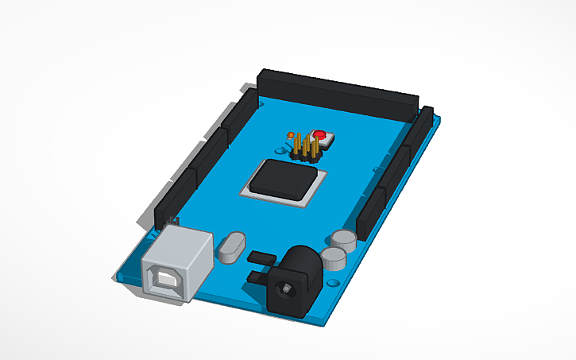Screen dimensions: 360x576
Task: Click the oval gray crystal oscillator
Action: (231, 247)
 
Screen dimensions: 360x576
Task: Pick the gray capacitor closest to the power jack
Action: (334, 257)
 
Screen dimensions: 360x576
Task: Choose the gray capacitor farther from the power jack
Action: (344, 240)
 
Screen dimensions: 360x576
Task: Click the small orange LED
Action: (291, 135)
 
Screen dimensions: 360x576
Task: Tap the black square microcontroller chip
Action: (283, 179)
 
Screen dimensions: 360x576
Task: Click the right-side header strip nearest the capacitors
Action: (370, 211)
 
